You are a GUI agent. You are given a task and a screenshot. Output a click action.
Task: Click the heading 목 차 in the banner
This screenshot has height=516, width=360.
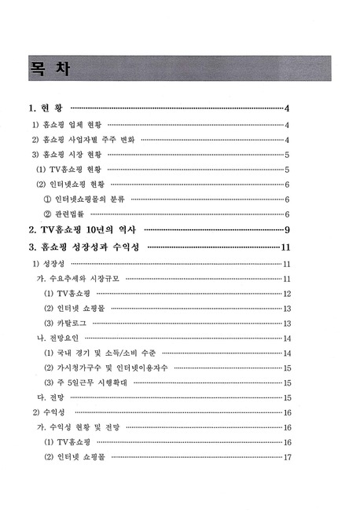(x=49, y=68)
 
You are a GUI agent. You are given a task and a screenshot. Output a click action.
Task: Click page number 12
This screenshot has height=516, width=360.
(x=288, y=294)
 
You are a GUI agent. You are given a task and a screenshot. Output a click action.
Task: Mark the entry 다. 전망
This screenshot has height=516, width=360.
(x=45, y=397)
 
